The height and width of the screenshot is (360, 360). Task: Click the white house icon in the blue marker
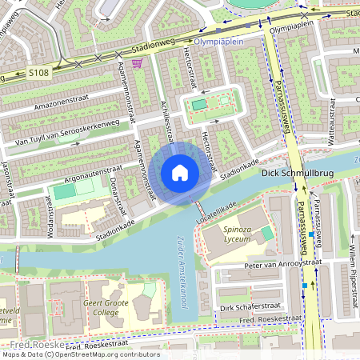(180, 173)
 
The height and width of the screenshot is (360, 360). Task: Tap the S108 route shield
(38, 73)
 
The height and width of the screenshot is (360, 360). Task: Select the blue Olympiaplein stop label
(218, 38)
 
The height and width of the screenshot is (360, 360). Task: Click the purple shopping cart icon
(137, 62)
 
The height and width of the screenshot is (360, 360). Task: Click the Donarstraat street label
(117, 195)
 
